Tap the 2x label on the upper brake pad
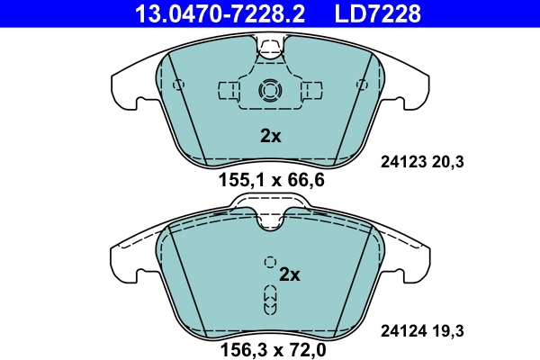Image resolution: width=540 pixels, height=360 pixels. (x=271, y=137)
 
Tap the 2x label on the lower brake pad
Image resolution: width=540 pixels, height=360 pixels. (x=289, y=274)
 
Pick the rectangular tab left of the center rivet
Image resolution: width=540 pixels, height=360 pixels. (x=229, y=90)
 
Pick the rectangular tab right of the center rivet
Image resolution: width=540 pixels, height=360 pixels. (x=311, y=90)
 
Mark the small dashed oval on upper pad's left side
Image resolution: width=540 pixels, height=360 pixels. (x=178, y=85)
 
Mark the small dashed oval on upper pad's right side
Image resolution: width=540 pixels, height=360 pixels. (x=362, y=85)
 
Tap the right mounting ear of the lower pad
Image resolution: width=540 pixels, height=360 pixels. (x=418, y=256)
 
